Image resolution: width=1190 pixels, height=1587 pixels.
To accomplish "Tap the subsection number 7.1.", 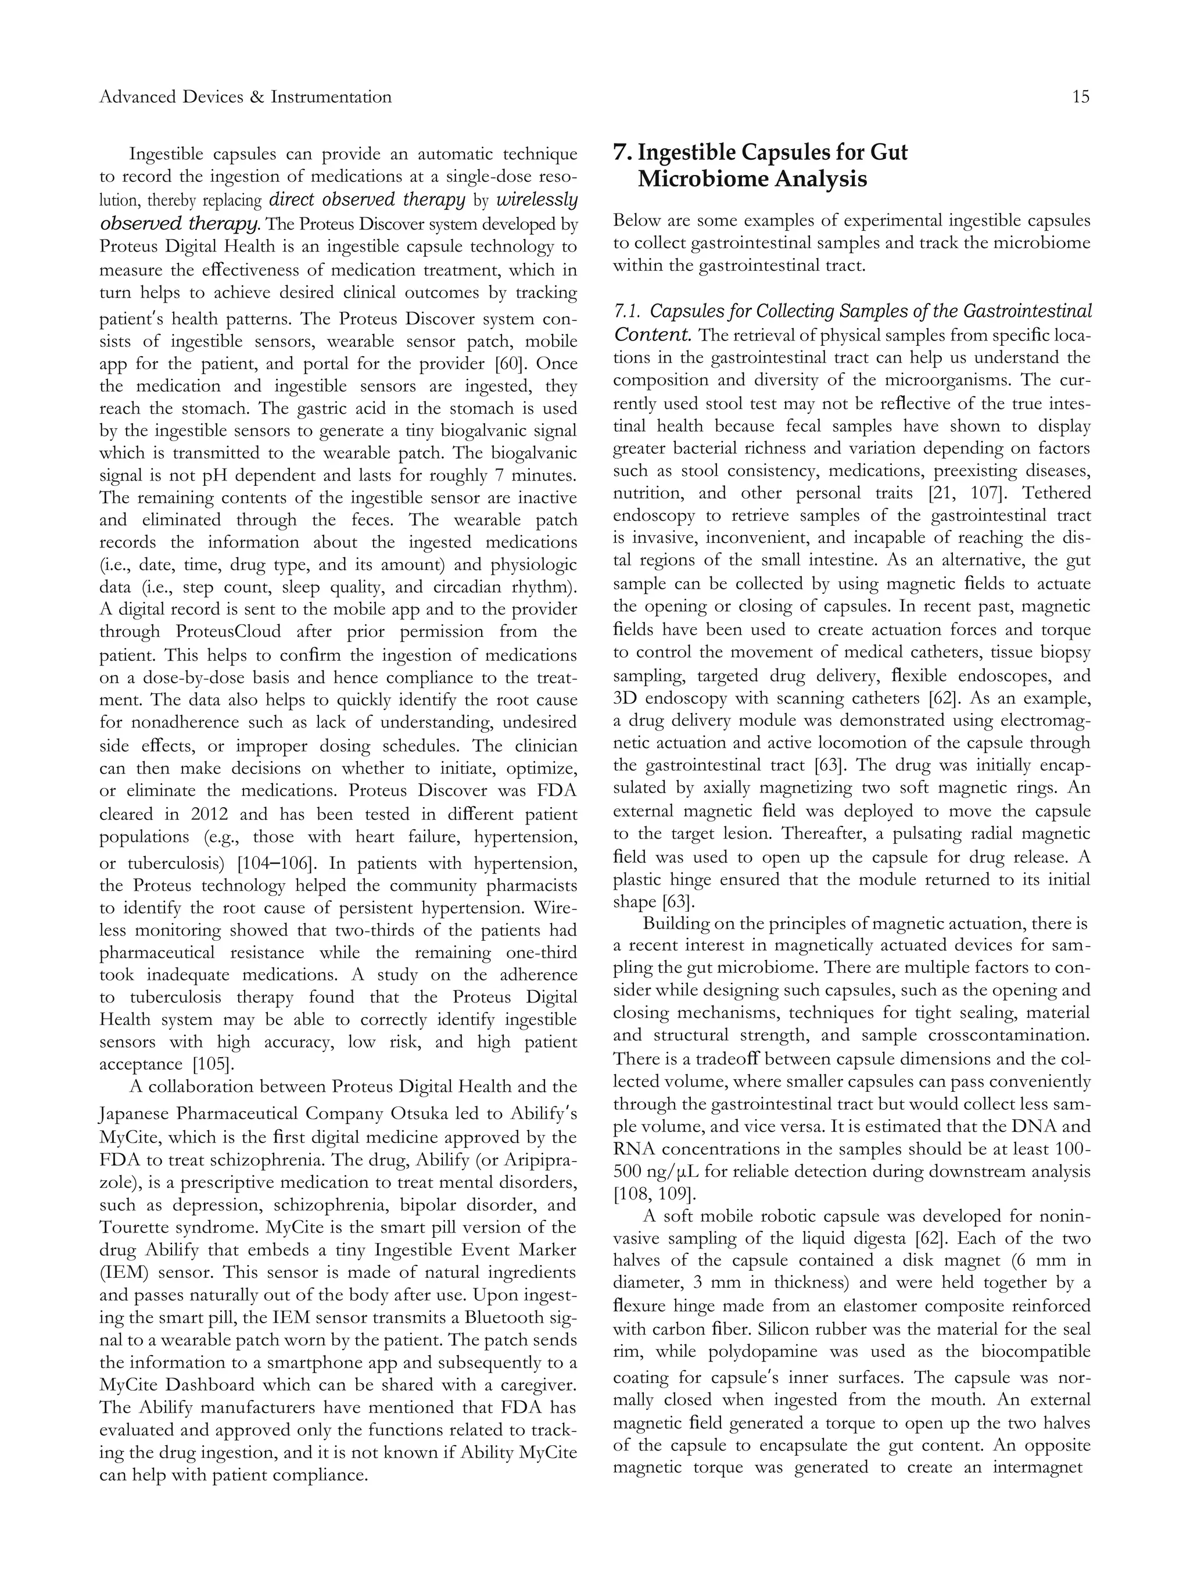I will coord(628,311).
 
